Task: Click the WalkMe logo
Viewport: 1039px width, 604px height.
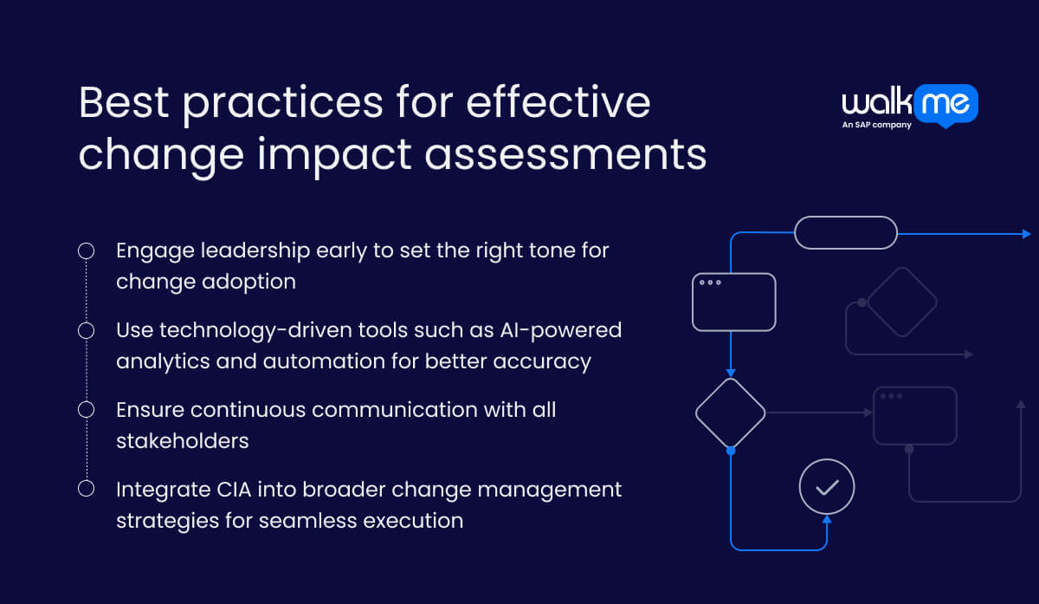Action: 909,104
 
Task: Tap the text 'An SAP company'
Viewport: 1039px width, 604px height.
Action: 876,125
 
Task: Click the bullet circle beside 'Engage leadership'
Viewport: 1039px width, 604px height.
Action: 86,251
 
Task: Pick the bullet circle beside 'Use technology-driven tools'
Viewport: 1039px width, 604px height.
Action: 86,330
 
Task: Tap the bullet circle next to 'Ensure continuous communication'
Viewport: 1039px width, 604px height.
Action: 86,409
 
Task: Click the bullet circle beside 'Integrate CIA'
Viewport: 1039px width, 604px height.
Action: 86,488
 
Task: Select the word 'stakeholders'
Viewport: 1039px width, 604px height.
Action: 183,441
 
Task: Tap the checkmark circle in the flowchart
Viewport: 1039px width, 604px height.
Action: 827,487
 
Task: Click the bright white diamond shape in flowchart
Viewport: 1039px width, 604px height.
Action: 731,412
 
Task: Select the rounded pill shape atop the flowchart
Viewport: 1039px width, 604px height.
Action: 845,232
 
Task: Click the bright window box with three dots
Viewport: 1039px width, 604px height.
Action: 733,302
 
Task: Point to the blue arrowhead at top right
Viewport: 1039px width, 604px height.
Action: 1026,234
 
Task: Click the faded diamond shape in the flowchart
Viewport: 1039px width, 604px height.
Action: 901,302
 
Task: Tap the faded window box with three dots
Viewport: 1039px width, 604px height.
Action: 914,415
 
